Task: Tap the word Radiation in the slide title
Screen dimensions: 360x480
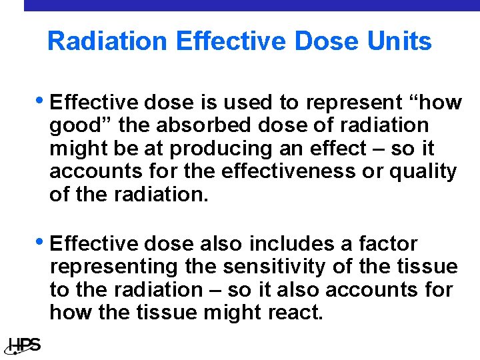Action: coord(107,41)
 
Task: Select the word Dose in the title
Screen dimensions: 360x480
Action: coord(330,41)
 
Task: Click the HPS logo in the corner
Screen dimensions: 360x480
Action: coord(24,345)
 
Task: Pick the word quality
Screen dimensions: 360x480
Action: coord(423,171)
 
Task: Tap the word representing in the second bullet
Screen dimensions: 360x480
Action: coord(113,267)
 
